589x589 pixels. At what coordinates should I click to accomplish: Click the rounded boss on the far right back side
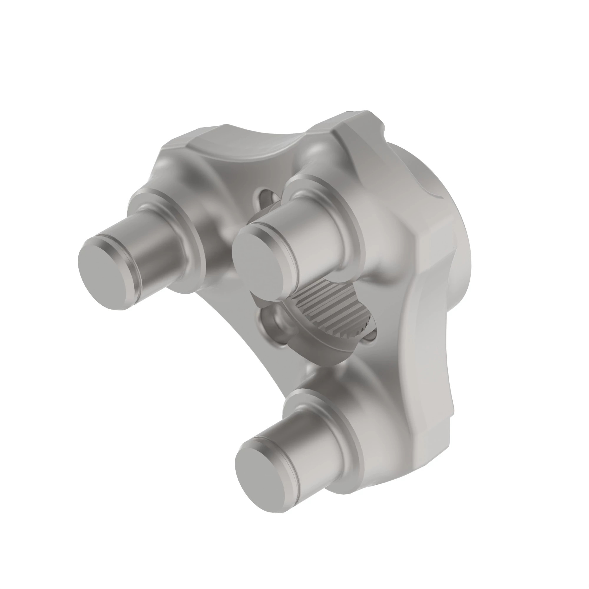(x=433, y=180)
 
